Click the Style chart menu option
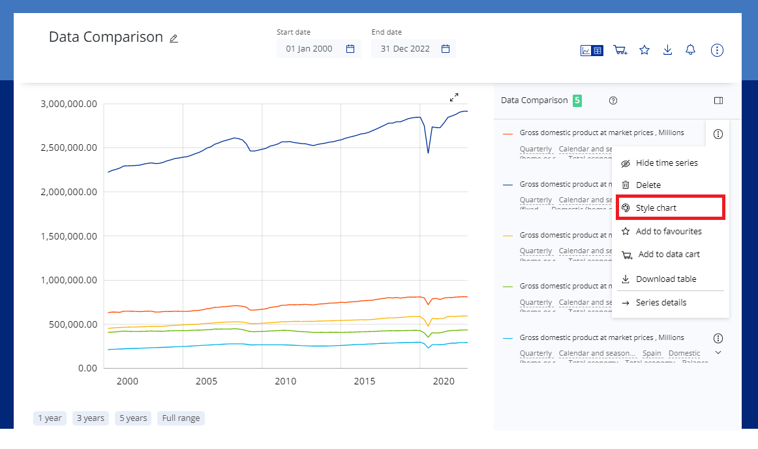click(x=656, y=208)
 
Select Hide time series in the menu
click(x=666, y=163)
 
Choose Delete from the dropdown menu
click(x=648, y=185)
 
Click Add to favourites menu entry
click(x=668, y=231)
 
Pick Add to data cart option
click(x=669, y=255)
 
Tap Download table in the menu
click(x=665, y=279)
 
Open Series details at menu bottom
click(x=661, y=302)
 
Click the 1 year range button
click(x=50, y=418)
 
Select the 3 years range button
click(x=90, y=418)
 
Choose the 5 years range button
click(x=132, y=418)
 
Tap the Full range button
click(x=181, y=418)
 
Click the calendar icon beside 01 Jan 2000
click(x=350, y=48)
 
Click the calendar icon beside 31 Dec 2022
click(x=446, y=48)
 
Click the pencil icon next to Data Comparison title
click(x=174, y=39)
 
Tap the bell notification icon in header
click(x=690, y=50)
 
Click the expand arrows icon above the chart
click(x=454, y=97)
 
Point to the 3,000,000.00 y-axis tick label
click(x=68, y=104)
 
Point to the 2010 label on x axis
click(x=285, y=381)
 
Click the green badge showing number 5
click(x=577, y=101)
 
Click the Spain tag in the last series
click(x=651, y=353)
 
